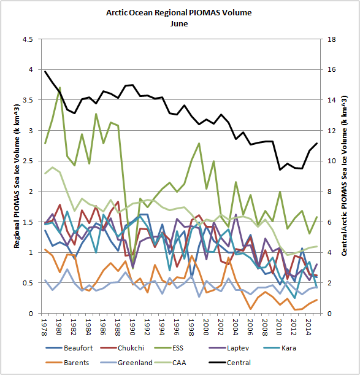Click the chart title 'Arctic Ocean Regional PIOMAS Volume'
(179, 13)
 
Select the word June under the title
(179, 24)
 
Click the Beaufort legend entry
(69, 348)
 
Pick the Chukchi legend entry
(122, 348)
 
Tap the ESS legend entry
(169, 348)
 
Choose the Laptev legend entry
(229, 348)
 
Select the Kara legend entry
(280, 348)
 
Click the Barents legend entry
(67, 363)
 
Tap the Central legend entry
(230, 363)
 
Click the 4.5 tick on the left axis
(28, 39)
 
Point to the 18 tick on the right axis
(332, 39)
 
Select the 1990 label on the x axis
(132, 327)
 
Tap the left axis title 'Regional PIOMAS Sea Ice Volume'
(17, 176)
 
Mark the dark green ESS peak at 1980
(59, 88)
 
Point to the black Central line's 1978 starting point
(45, 71)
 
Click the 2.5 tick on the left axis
(28, 161)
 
